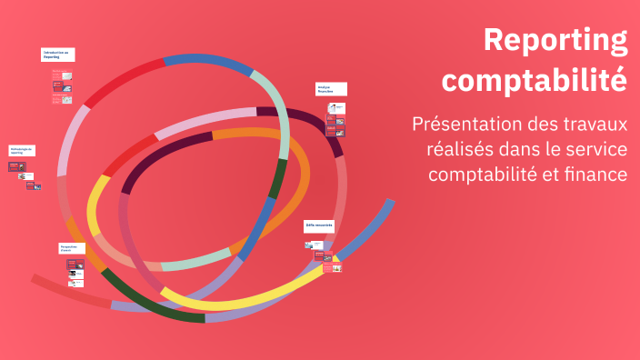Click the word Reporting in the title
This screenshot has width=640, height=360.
coord(555,41)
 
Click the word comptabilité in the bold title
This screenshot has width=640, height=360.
coord(535,79)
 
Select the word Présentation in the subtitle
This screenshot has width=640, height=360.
coord(468,124)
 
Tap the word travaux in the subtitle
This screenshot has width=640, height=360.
coord(595,124)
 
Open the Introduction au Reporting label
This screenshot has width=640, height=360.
coord(57,55)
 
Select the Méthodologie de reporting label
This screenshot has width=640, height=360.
coord(22,150)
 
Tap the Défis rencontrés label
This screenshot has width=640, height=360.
coord(319,225)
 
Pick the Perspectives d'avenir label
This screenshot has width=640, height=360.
coord(73,247)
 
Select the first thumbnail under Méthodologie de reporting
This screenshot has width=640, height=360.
coord(15,167)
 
